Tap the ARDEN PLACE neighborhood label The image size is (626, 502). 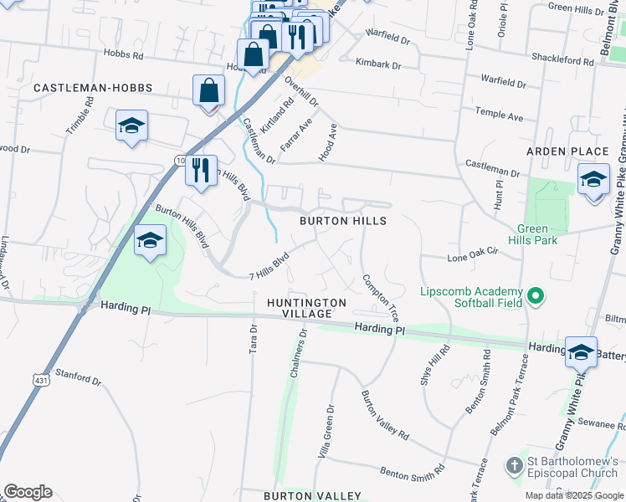click(567, 151)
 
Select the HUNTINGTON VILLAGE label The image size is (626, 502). click(306, 307)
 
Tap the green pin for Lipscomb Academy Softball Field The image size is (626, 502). click(536, 296)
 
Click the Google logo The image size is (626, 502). click(28, 492)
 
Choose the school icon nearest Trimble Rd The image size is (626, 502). click(131, 126)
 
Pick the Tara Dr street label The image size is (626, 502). click(252, 340)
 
